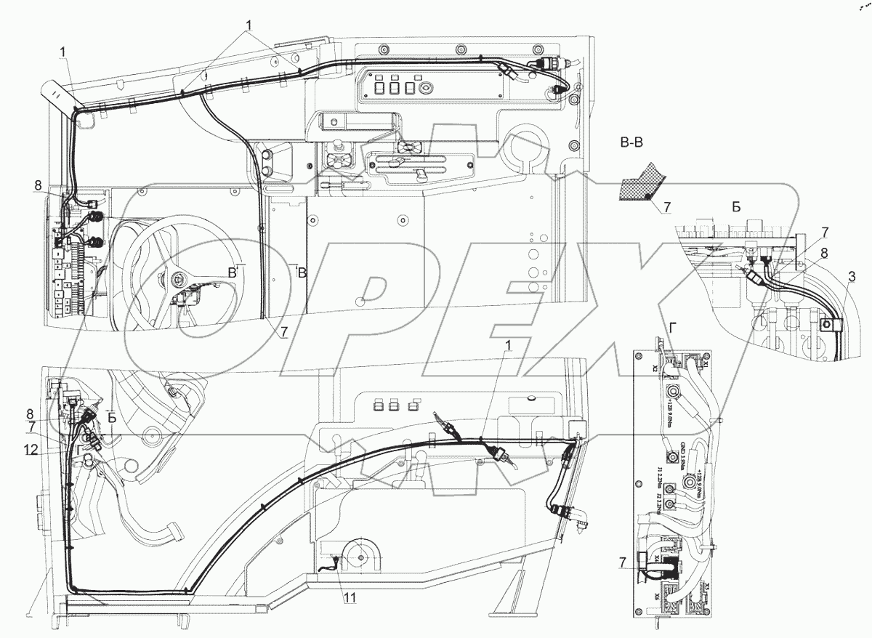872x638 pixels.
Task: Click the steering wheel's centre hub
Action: pos(179,278)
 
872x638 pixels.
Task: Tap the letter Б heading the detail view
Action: pos(736,206)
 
